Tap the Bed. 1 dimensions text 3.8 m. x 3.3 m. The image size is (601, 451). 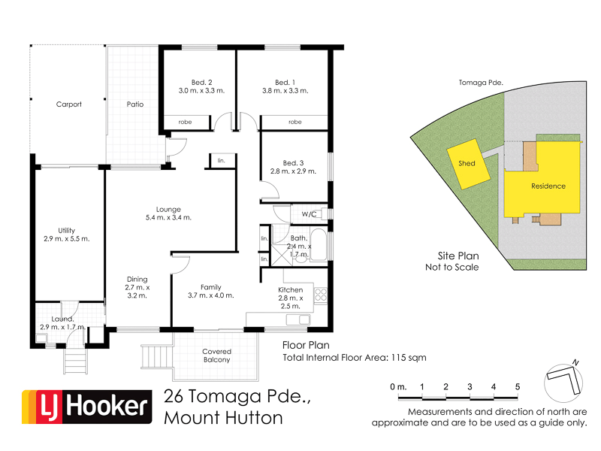(x=282, y=91)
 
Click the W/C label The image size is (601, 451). (x=310, y=214)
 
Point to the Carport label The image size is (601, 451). (x=69, y=104)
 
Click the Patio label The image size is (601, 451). (x=134, y=104)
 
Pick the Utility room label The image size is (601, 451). (x=68, y=231)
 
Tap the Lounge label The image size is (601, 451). (x=169, y=209)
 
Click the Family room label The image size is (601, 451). (x=211, y=286)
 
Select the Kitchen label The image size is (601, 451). (x=291, y=289)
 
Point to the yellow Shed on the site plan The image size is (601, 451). (x=467, y=163)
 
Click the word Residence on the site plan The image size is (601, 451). (x=548, y=186)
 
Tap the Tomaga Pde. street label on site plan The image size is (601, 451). (x=479, y=83)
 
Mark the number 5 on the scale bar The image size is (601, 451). (x=518, y=386)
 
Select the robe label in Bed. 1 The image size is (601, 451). (x=294, y=121)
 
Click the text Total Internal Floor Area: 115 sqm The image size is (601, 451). (x=355, y=358)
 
